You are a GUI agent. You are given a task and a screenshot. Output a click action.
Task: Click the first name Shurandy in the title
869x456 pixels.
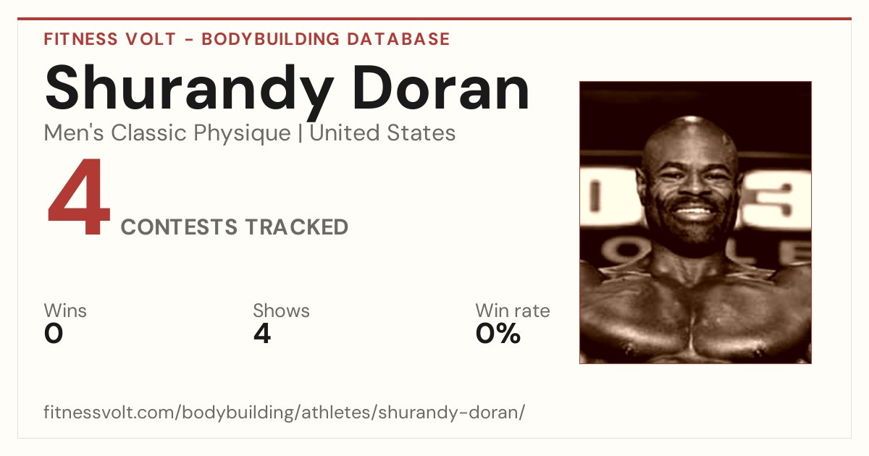[189, 92]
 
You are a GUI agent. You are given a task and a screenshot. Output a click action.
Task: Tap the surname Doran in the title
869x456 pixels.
[440, 88]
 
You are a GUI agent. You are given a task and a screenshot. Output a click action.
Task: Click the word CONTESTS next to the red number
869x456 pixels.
[179, 227]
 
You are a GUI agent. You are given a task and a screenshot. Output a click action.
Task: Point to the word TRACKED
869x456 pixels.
[297, 227]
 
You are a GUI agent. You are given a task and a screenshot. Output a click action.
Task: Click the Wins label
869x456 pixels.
[65, 311]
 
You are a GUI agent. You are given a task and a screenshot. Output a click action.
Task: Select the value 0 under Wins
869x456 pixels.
[54, 334]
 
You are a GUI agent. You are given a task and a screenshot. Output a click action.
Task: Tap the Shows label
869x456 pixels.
[281, 311]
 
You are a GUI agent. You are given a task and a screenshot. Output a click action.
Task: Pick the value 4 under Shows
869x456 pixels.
[262, 334]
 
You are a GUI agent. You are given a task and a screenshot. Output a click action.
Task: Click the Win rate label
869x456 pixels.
[513, 311]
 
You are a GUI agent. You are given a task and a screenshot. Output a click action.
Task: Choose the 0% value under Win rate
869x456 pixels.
[498, 334]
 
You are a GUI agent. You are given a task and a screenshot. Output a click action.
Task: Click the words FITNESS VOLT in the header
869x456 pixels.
[110, 39]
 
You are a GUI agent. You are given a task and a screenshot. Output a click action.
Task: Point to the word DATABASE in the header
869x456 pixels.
[398, 39]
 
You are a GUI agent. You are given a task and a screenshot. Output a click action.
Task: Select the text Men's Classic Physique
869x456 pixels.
[167, 133]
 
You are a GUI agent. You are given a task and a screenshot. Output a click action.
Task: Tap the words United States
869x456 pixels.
[382, 133]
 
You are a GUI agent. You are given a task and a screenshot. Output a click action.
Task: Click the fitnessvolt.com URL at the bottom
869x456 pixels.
[284, 412]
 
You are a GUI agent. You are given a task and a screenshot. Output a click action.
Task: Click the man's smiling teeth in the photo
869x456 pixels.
[694, 212]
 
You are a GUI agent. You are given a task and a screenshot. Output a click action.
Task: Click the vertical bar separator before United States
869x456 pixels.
[301, 133]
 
